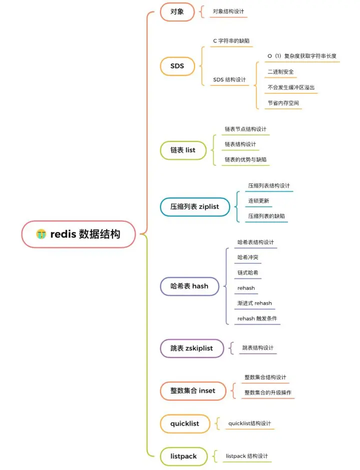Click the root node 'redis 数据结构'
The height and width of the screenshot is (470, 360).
click(x=78, y=234)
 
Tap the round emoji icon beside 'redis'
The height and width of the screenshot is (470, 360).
click(x=41, y=234)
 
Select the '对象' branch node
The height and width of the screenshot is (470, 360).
click(x=177, y=11)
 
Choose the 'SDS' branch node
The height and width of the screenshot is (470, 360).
click(x=177, y=66)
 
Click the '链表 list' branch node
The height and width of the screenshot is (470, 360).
click(x=183, y=150)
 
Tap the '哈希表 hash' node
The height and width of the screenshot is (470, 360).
click(x=189, y=286)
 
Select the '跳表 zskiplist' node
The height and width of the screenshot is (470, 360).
click(x=191, y=348)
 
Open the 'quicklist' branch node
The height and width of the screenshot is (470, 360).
click(x=184, y=424)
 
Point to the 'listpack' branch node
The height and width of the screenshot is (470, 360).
click(x=183, y=456)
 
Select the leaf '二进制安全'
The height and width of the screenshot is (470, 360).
click(x=280, y=72)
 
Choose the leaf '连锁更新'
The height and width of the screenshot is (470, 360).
click(x=258, y=201)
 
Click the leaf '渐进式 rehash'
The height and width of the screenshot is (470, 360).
click(x=254, y=303)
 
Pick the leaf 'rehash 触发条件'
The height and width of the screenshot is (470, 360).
click(x=257, y=319)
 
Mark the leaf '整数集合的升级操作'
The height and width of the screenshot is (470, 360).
click(x=267, y=393)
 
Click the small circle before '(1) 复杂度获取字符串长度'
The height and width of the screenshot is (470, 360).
click(x=269, y=56)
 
